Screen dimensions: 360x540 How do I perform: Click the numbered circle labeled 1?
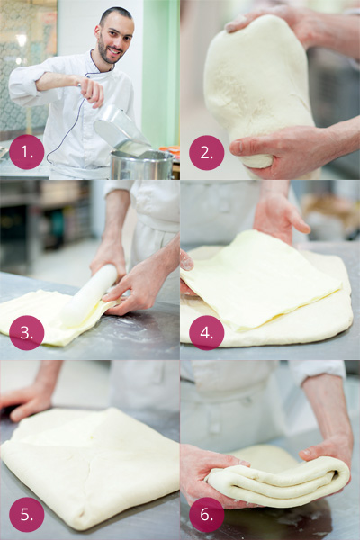[x=26, y=152]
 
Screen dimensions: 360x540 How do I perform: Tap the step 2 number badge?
[x=207, y=153]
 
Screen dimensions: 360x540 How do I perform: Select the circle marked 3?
[x=26, y=333]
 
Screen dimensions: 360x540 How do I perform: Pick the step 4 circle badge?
[x=207, y=333]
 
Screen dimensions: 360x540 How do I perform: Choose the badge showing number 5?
[x=26, y=514]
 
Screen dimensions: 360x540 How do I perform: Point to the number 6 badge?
[x=207, y=514]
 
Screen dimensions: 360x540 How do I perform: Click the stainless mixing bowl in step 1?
[x=142, y=165]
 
